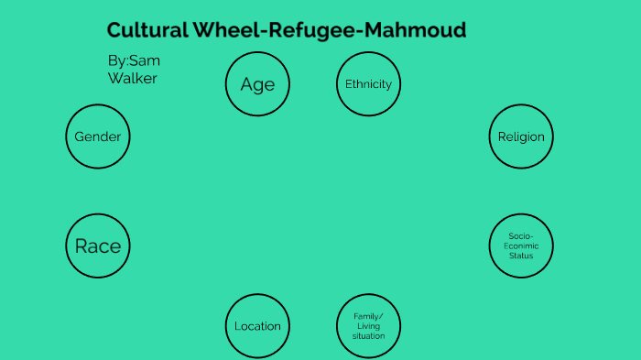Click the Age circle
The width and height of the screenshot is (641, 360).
click(257, 84)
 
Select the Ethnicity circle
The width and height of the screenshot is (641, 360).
click(368, 84)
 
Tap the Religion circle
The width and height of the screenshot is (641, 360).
click(521, 137)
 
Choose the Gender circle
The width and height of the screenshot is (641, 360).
click(98, 137)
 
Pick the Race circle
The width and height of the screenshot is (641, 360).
click(98, 245)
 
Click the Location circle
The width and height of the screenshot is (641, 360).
click(257, 326)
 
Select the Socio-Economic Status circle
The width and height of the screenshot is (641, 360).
click(521, 245)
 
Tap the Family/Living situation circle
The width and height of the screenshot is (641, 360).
click(368, 326)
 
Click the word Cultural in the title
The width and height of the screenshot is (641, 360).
click(147, 30)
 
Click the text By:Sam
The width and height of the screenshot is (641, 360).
click(134, 60)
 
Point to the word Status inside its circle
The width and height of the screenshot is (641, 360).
click(521, 256)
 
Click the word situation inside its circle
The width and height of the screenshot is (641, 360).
click(368, 336)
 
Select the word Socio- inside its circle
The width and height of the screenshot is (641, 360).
click(521, 235)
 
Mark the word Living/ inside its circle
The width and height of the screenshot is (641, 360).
click(368, 326)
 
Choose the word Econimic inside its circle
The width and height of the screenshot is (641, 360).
click(521, 245)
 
